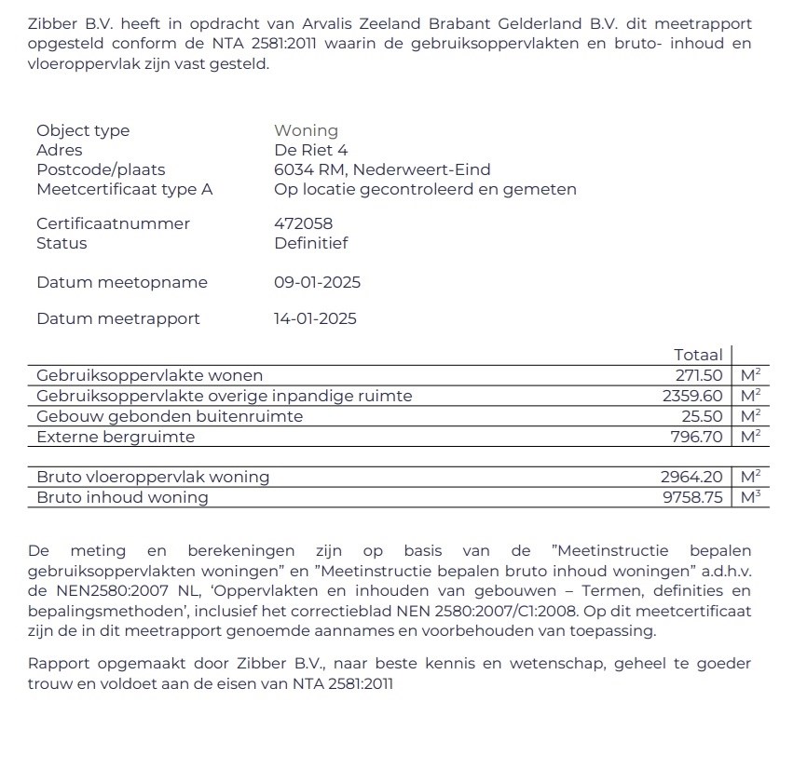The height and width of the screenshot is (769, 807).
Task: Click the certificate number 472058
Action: tap(303, 223)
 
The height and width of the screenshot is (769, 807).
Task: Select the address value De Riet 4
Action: tap(311, 150)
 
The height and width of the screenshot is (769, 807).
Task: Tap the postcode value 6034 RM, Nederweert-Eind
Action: tap(382, 169)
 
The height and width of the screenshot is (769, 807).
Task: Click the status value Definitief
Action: tap(310, 243)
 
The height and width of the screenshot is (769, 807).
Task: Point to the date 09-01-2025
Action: tap(317, 282)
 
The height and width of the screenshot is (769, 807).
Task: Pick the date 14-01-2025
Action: tap(315, 318)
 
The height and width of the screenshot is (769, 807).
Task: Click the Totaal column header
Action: tap(698, 355)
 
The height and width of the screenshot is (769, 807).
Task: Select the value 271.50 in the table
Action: tap(699, 375)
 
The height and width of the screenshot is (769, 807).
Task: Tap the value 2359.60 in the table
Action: tap(693, 396)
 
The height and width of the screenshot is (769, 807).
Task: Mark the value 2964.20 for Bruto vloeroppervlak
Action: tap(692, 477)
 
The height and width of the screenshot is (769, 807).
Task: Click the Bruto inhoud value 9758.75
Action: tap(692, 497)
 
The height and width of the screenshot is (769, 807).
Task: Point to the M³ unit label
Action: tap(750, 496)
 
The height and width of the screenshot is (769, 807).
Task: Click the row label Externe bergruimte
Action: tap(116, 437)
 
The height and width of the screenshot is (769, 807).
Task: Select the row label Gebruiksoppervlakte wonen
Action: tap(149, 375)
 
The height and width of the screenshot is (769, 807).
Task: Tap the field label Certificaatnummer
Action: tap(113, 223)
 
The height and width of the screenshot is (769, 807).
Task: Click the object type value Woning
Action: tap(306, 130)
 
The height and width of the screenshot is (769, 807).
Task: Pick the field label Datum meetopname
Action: tap(122, 282)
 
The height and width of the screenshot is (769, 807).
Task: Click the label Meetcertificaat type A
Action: tap(124, 189)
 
